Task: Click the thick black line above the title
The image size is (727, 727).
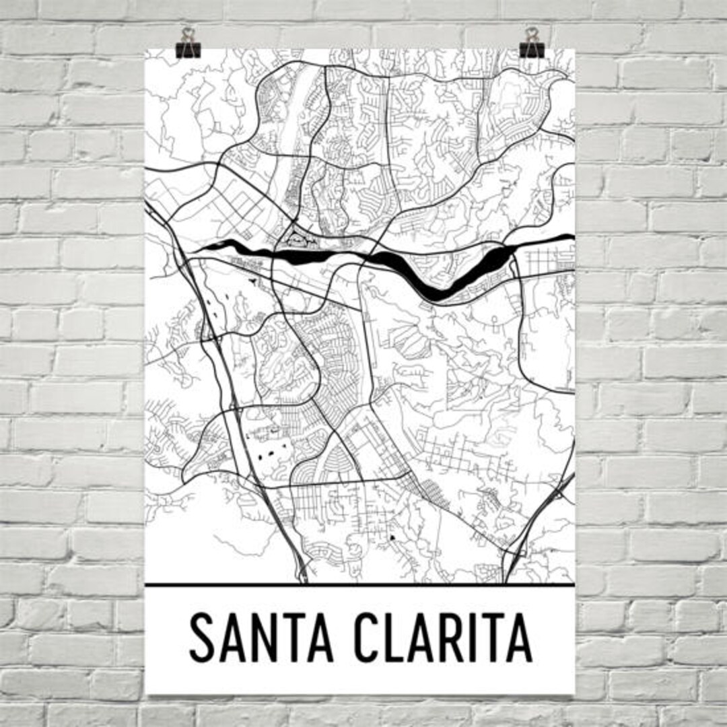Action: [x=359, y=584]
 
